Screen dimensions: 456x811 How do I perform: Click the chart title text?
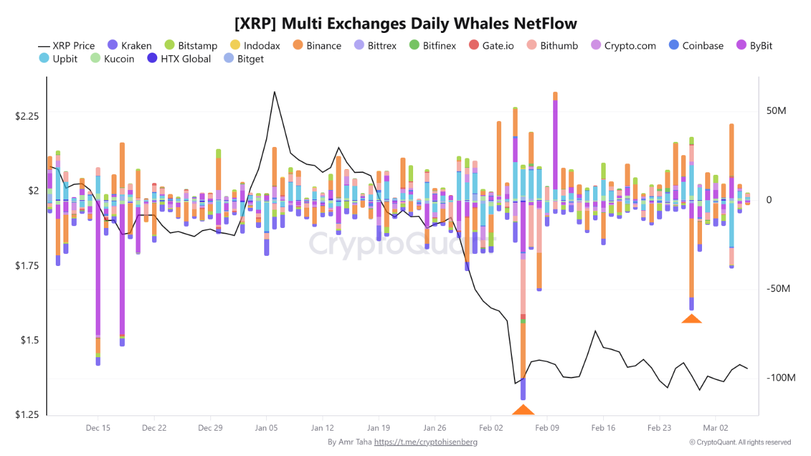click(405, 23)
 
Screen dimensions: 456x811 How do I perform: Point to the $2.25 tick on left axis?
click(27, 116)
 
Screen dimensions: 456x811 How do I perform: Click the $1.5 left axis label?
click(29, 340)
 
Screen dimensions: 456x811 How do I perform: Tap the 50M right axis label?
click(776, 111)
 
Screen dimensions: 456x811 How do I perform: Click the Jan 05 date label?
click(266, 428)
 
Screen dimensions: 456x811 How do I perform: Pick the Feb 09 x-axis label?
click(547, 428)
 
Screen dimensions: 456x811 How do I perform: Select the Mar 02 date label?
click(715, 428)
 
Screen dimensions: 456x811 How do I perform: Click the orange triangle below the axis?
click(523, 410)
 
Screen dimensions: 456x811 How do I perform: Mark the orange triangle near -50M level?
click(691, 319)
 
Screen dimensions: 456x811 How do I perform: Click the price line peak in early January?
click(274, 92)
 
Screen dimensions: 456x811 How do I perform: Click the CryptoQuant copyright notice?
click(740, 442)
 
